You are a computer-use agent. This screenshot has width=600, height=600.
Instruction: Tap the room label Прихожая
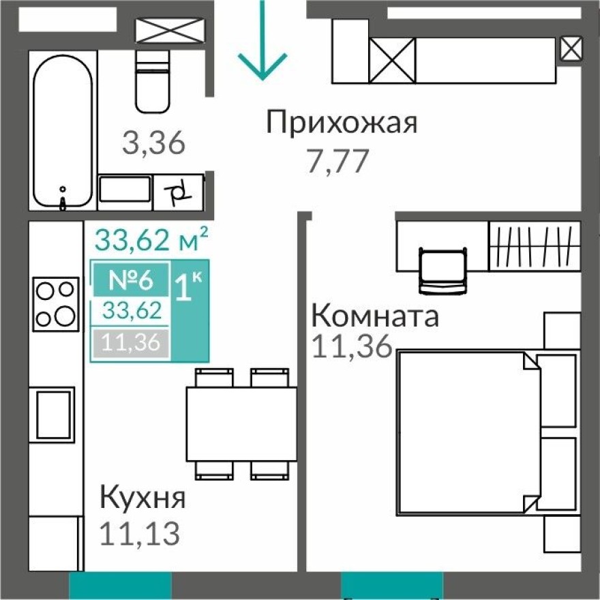click(341, 124)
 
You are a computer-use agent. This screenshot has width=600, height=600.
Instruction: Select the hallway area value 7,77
click(337, 162)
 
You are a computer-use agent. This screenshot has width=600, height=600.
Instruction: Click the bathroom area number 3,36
click(153, 143)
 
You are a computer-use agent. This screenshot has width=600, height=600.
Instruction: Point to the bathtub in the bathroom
click(62, 131)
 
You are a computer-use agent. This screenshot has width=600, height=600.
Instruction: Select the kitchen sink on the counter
click(55, 414)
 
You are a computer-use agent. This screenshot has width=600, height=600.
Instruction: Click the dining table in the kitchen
click(241, 423)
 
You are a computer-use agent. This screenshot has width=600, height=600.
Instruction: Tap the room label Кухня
click(142, 498)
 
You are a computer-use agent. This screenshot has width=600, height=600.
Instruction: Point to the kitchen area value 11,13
click(139, 533)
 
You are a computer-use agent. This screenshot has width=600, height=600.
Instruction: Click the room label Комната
click(374, 317)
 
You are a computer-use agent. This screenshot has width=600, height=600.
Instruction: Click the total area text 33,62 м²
click(151, 241)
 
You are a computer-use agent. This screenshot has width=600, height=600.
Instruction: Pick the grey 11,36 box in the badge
click(130, 342)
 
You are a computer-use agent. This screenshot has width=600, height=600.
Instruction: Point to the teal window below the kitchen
click(120, 586)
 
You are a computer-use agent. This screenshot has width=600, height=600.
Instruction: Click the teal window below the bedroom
click(392, 586)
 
